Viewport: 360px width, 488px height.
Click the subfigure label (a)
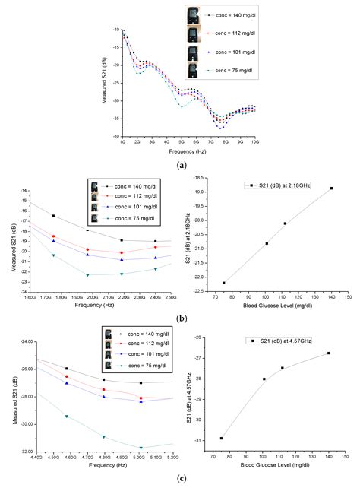coord(180,164)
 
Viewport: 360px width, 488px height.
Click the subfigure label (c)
coord(180,479)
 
